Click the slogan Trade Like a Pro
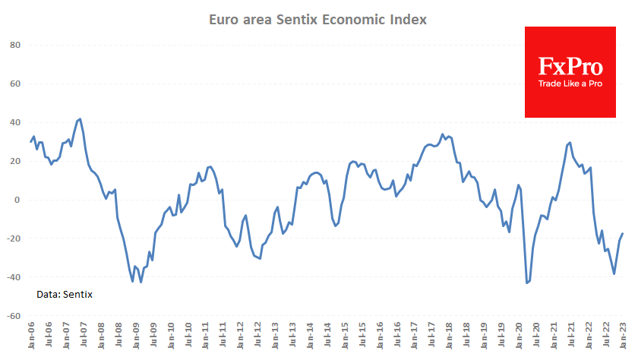pos(570,84)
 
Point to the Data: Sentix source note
pos(65,294)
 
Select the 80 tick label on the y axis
pos(14,46)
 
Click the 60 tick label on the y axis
pos(14,84)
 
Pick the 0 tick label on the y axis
pos(17,200)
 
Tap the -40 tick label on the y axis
pos(13,277)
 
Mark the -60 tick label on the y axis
pos(13,315)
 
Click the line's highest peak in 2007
pos(81,118)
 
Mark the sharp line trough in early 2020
pos(527,283)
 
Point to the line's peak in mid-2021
pos(570,142)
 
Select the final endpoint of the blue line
pos(624,234)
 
